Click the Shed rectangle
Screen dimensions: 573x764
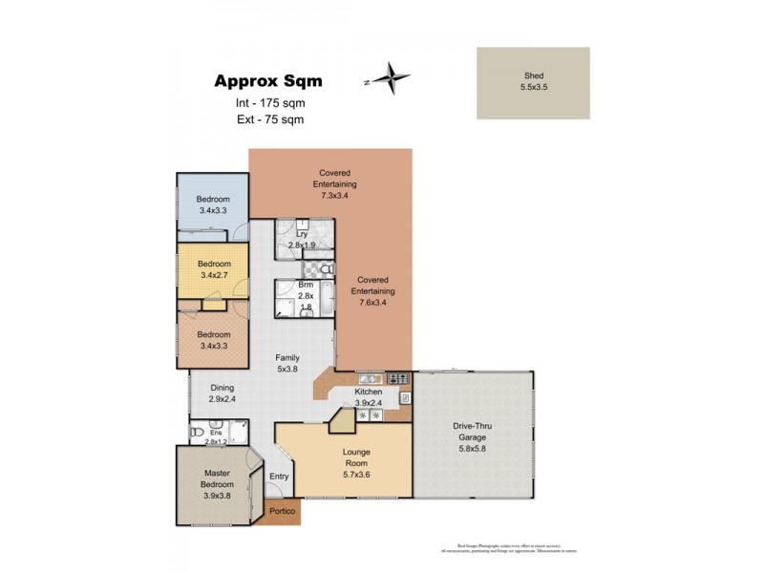coord(533,83)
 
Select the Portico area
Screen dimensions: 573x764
coord(283,512)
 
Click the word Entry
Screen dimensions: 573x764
coord(279,477)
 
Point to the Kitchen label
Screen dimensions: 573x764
coord(368,397)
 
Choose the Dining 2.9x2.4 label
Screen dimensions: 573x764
coord(222,394)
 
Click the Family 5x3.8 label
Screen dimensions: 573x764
coord(287,364)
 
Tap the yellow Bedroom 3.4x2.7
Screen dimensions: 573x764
coord(214,269)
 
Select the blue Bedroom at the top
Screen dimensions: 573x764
coord(214,205)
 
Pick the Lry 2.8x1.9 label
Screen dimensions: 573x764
coord(302,238)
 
